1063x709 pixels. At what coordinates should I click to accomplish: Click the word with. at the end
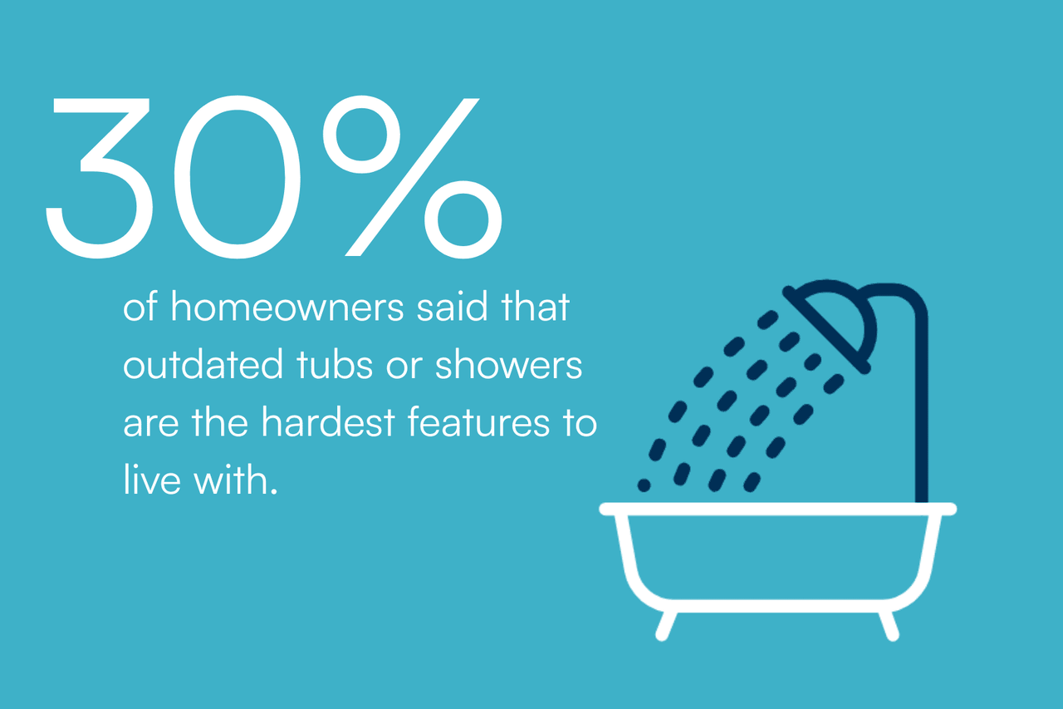point(235,481)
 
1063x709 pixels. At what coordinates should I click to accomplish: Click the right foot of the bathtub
point(889,624)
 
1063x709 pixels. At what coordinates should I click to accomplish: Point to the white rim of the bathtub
point(777,509)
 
